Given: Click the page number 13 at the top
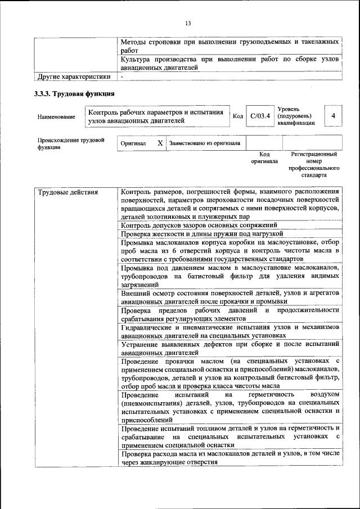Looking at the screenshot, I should pyautogui.click(x=188, y=22).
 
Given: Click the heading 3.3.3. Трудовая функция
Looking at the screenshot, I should pyautogui.click(x=75, y=93).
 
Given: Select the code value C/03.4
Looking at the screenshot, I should pyautogui.click(x=260, y=116).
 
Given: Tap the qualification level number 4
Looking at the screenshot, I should pyautogui.click(x=334, y=116).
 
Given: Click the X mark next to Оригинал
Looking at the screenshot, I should pyautogui.click(x=160, y=143).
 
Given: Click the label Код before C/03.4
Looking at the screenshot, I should pyautogui.click(x=237, y=116).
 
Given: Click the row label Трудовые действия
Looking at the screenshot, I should pyautogui.click(x=67, y=192).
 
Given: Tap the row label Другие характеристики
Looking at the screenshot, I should pyautogui.click(x=73, y=76).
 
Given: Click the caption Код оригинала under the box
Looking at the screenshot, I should pyautogui.click(x=264, y=157).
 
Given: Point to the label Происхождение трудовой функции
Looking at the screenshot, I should pyautogui.click(x=71, y=143).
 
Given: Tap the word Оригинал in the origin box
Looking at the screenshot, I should pyautogui.click(x=134, y=144).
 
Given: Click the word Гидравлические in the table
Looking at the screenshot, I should pyautogui.click(x=148, y=327).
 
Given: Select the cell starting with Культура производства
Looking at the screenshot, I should pyautogui.click(x=229, y=63).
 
